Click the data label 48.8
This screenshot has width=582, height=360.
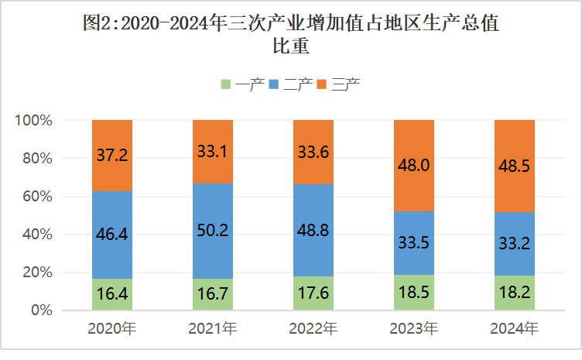(313, 230)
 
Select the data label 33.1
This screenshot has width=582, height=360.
(213, 153)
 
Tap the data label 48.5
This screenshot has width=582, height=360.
(515, 166)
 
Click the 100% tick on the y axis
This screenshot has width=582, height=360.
(33, 121)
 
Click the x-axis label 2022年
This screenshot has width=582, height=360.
(313, 329)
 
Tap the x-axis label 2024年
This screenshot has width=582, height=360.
(515, 329)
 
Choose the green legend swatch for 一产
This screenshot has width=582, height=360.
(226, 84)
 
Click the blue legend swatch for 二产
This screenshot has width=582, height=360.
(274, 84)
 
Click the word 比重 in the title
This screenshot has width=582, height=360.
(290, 46)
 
